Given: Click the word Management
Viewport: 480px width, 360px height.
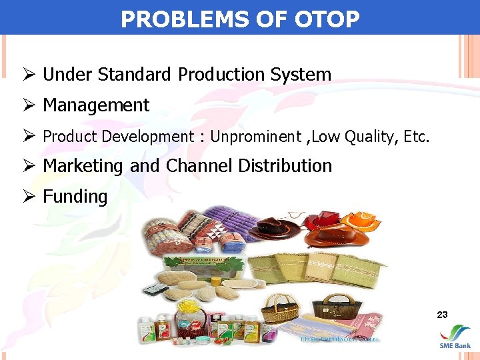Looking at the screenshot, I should coord(96,105).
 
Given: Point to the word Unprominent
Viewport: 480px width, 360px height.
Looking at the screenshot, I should coord(255,137).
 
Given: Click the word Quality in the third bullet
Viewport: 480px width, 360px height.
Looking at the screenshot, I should coord(370,137).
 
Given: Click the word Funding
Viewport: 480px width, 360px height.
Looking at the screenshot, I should coord(75,197).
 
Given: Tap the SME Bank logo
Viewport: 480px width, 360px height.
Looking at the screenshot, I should coord(455,336).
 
